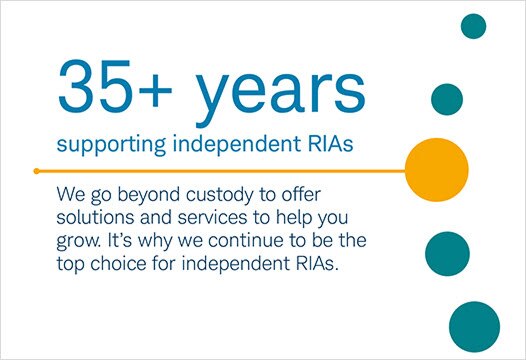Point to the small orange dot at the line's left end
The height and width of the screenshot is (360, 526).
point(36,170)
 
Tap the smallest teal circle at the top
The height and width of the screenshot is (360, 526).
point(473,26)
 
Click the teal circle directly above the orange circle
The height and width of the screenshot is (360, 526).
point(447,98)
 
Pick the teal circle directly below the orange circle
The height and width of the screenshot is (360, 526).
point(448,250)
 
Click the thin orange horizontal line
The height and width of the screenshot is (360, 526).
point(220,170)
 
